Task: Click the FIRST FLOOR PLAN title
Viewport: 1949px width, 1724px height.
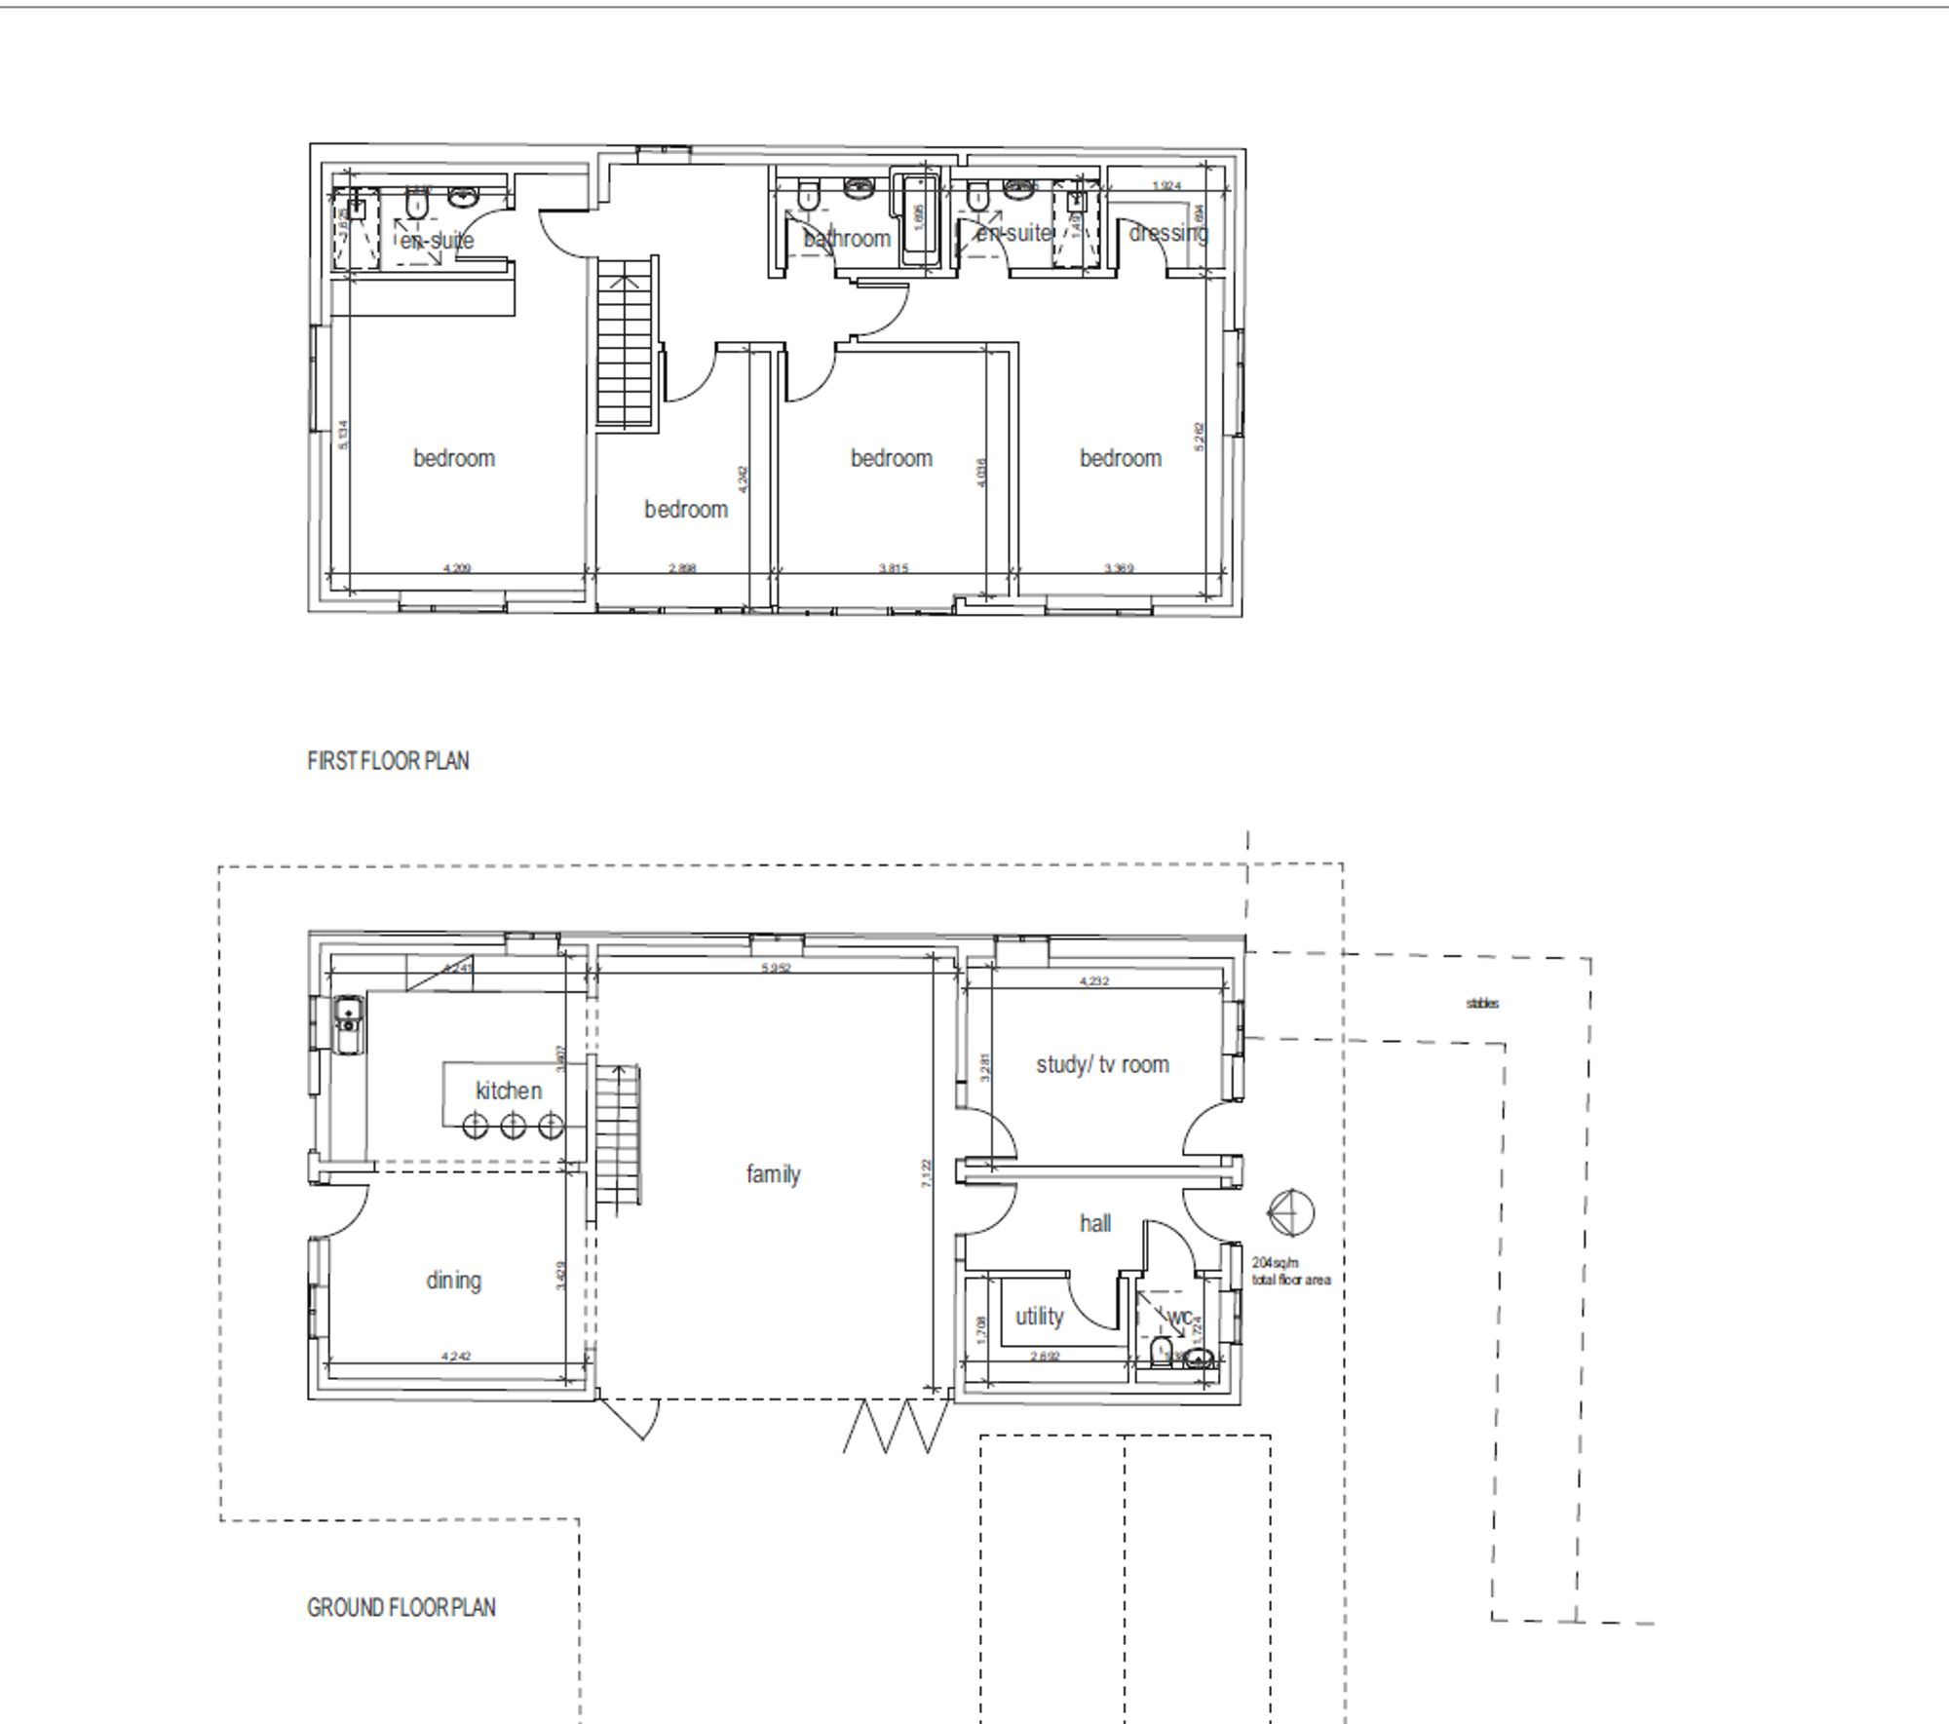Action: click(388, 761)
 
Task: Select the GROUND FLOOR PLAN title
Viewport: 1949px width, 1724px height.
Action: click(401, 1608)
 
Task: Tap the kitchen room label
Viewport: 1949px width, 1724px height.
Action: click(508, 1091)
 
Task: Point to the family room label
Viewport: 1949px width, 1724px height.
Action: click(773, 1174)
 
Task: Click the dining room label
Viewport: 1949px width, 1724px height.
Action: click(453, 1281)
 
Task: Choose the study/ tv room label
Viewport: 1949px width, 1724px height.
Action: click(1102, 1065)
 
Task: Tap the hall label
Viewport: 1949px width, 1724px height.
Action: click(1094, 1224)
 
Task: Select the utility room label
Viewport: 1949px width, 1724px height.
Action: click(1039, 1317)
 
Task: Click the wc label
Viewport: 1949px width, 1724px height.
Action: click(1178, 1318)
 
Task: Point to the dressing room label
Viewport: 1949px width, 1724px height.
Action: click(1167, 234)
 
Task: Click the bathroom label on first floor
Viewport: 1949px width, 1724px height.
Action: click(847, 239)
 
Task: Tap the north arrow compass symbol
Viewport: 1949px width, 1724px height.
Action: click(1290, 1213)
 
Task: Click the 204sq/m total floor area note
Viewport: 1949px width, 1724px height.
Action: click(1290, 1272)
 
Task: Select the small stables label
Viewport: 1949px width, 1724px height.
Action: click(1482, 1003)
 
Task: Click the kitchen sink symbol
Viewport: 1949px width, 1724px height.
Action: click(348, 1023)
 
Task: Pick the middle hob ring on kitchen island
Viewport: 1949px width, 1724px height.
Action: click(513, 1127)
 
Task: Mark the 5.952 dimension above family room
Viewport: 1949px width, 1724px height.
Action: click(775, 968)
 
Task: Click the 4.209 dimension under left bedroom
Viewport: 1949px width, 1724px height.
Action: click(456, 568)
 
